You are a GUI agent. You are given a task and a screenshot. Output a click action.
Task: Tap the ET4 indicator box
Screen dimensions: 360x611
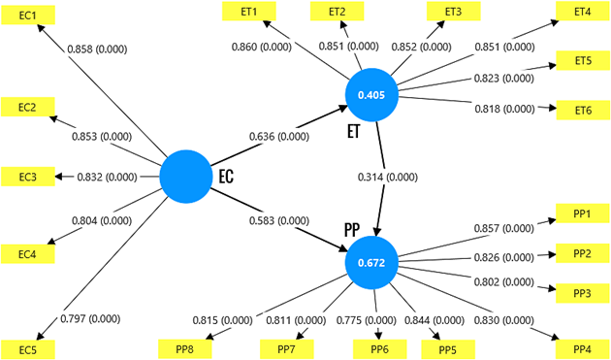tap(581, 12)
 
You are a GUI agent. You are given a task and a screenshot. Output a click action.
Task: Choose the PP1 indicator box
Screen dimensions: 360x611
tap(582, 212)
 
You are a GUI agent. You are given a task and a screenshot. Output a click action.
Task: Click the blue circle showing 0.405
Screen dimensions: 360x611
tap(374, 96)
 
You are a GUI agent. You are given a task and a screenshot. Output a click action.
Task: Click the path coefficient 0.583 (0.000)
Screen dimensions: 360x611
tap(279, 221)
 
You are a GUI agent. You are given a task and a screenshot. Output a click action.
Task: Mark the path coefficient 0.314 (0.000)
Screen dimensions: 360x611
tap(387, 178)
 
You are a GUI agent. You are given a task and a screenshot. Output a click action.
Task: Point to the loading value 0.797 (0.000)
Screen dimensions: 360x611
tap(92, 318)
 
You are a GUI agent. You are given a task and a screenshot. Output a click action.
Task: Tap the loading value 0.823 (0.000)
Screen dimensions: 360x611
tap(503, 78)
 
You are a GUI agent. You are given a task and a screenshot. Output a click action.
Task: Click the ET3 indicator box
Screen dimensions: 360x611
tap(452, 12)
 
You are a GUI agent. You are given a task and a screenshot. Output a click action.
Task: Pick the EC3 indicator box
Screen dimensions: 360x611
tap(27, 177)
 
